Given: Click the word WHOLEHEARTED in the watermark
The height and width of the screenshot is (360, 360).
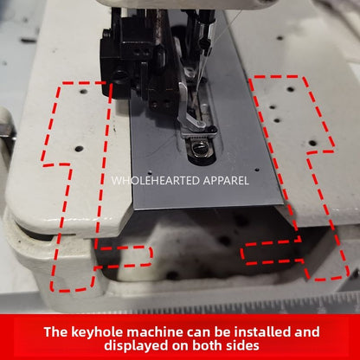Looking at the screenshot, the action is click(156, 181).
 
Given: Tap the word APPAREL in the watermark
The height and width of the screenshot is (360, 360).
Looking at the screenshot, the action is click(226, 181).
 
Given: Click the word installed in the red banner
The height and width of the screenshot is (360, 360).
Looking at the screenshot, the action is click(262, 332).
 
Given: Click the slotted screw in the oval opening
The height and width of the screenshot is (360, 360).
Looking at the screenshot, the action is click(199, 149).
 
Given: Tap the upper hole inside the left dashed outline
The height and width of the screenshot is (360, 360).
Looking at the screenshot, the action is click(84, 92).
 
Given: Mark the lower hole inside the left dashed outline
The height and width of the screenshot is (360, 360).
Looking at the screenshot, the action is click(79, 149).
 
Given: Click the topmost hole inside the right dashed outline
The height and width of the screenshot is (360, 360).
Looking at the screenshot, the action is click(291, 89).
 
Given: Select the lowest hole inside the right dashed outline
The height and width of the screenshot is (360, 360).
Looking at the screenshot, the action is click(312, 143).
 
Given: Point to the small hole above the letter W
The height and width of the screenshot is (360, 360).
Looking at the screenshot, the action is click(150, 172).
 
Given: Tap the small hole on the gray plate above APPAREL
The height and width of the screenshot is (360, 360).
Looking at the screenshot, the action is click(257, 170).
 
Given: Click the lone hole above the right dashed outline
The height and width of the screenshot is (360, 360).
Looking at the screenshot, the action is click(280, 38).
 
